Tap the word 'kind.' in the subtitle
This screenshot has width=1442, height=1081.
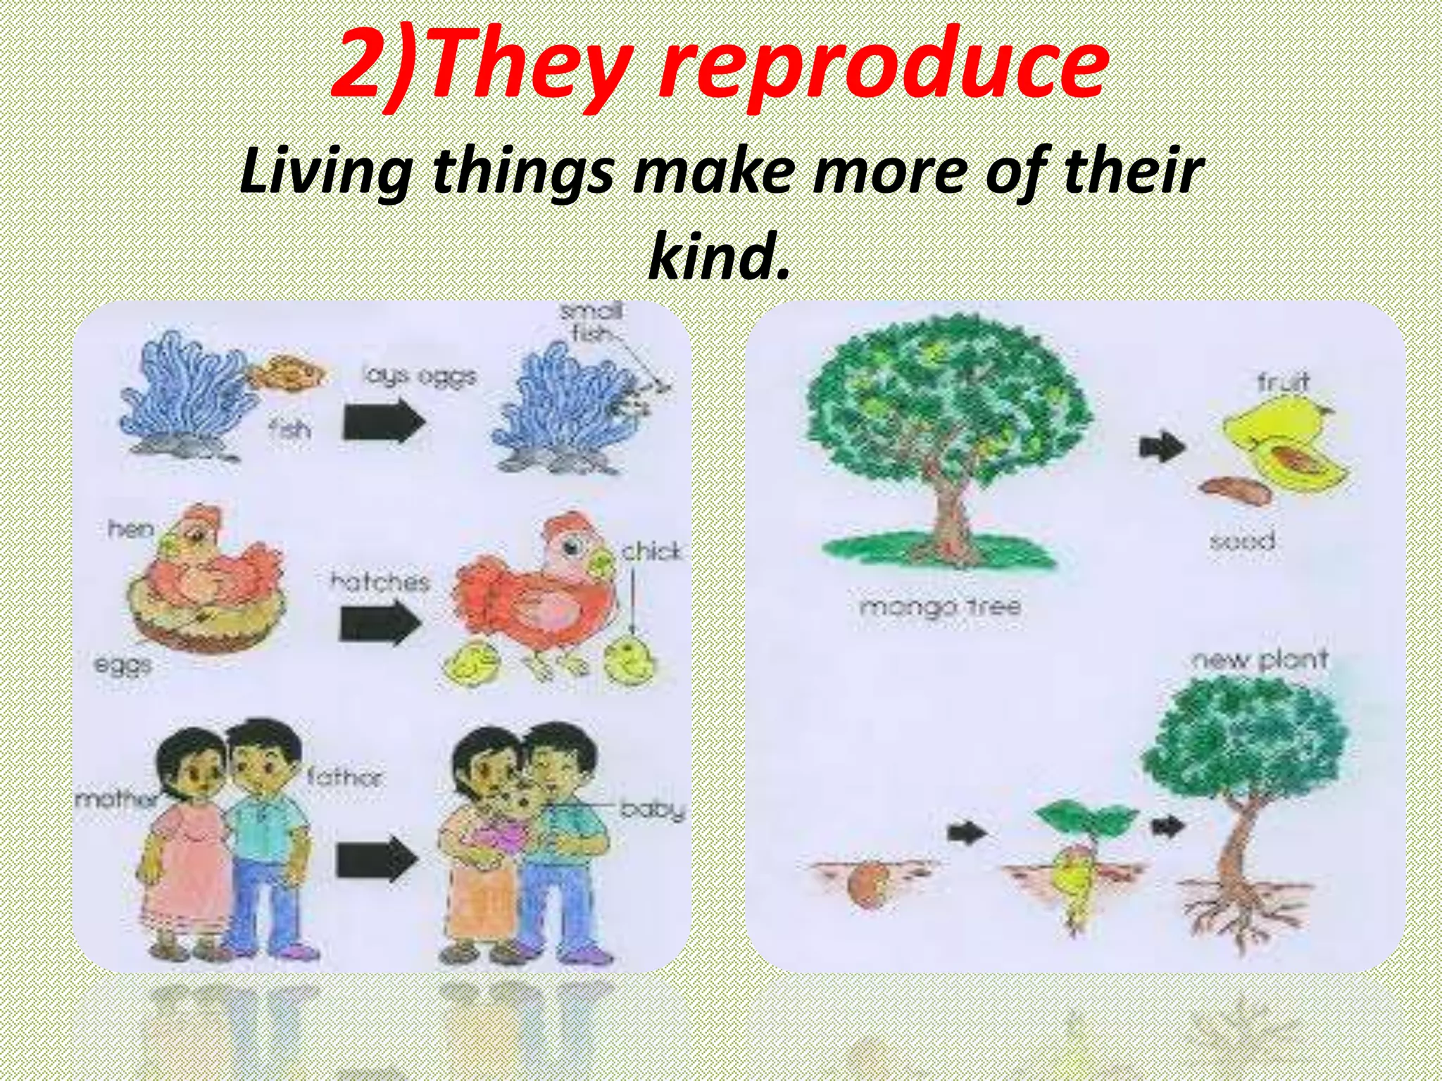(718, 255)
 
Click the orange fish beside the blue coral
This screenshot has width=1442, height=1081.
(289, 372)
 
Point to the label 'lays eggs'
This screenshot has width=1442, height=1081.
(420, 377)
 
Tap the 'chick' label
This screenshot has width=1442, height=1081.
(651, 551)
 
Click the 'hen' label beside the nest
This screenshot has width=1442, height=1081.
(130, 529)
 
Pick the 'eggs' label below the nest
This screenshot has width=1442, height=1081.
(123, 664)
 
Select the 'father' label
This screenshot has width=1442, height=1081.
(345, 777)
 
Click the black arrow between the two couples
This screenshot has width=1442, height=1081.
(377, 860)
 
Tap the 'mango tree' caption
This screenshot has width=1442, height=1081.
(940, 606)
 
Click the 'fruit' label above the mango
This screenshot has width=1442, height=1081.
(1283, 382)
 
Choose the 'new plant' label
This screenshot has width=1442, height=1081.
(1259, 660)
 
